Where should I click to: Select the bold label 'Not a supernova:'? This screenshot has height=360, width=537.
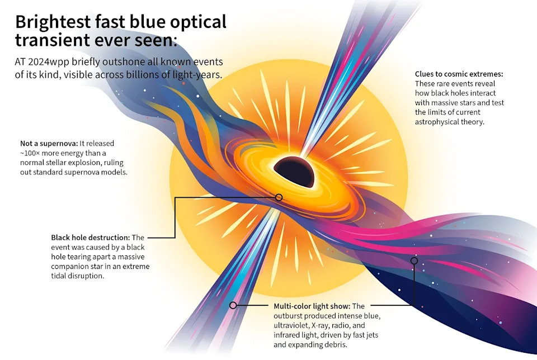pos(46,143)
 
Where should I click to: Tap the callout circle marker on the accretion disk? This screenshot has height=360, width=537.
pos(279,197)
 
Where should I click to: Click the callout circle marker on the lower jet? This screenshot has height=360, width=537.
pos(233,305)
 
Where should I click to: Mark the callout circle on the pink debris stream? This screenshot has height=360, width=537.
pos(414,260)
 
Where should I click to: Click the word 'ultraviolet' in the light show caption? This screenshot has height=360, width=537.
pos(294,326)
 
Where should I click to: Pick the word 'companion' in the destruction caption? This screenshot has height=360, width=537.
pos(70,267)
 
